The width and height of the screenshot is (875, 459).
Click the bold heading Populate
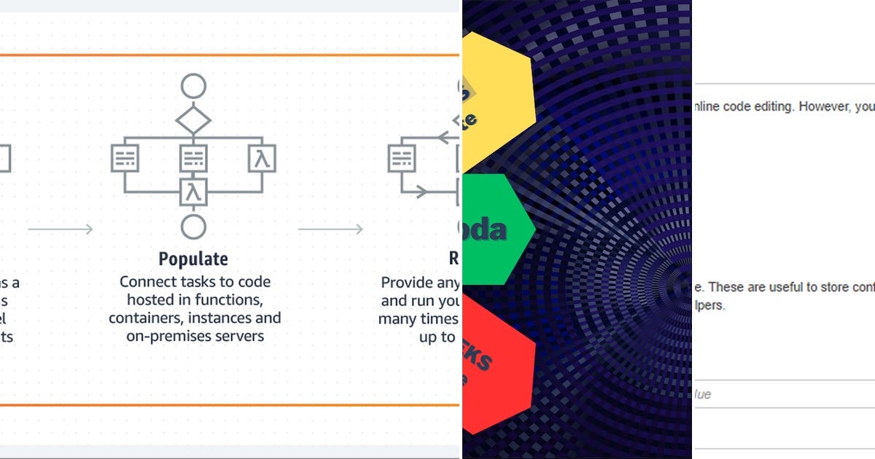click(193, 259)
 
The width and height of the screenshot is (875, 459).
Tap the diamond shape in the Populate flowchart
click(193, 119)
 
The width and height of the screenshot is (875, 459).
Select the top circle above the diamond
click(193, 86)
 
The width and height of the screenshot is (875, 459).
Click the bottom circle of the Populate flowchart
click(193, 226)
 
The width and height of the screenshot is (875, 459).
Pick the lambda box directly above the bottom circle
click(193, 192)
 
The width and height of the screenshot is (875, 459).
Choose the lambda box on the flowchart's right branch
click(262, 158)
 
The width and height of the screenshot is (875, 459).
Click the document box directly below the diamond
click(193, 158)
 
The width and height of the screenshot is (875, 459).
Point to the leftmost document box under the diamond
click(125, 158)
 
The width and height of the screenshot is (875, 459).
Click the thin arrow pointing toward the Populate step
click(61, 229)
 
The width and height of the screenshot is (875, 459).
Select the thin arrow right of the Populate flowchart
click(330, 229)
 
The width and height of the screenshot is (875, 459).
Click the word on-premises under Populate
click(159, 336)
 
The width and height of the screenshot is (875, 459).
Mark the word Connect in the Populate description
click(148, 282)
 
